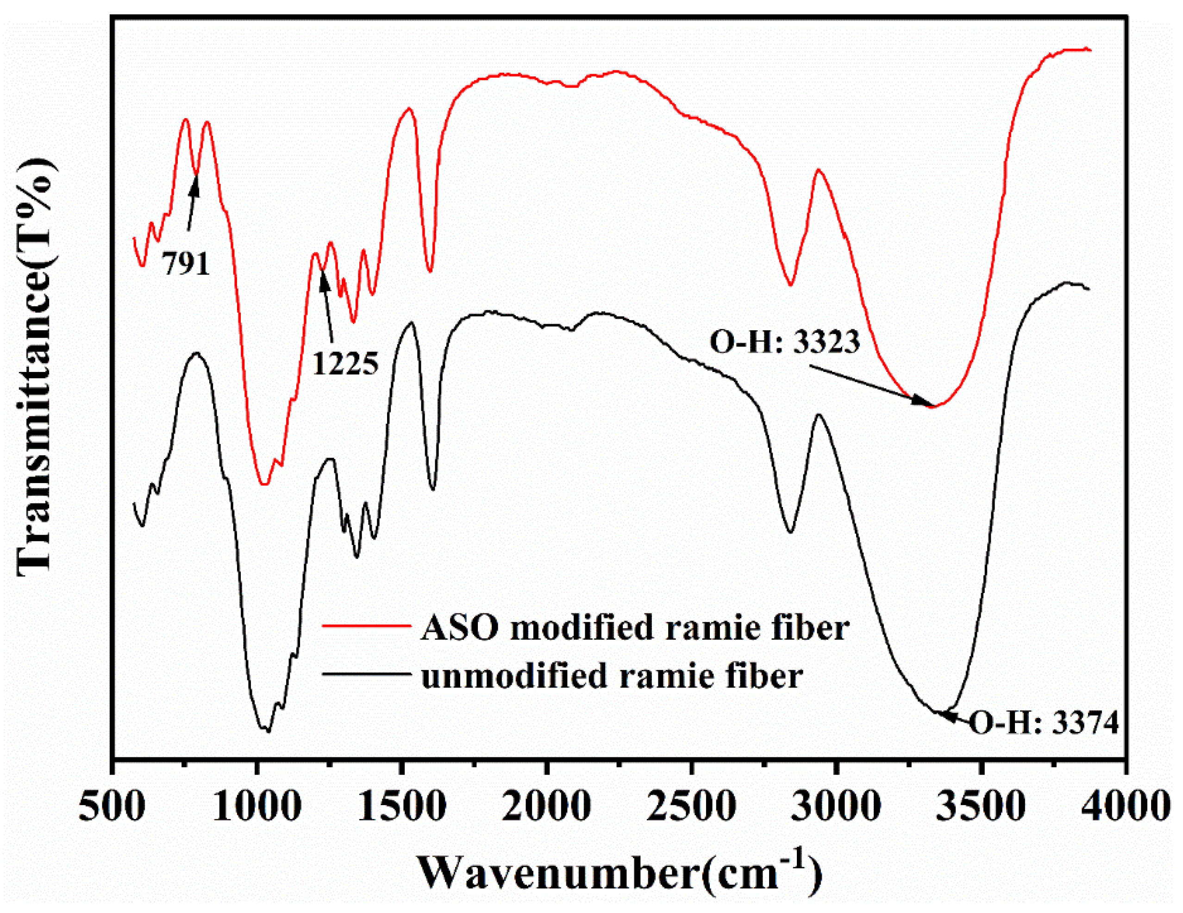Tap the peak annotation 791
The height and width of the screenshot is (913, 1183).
[x=186, y=264]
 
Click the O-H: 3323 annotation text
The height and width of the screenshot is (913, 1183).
[x=785, y=342]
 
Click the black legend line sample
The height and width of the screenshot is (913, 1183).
[x=366, y=674]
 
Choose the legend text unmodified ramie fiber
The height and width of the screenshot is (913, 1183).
[x=612, y=676]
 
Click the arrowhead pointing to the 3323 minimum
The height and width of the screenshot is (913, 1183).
[x=921, y=402]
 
